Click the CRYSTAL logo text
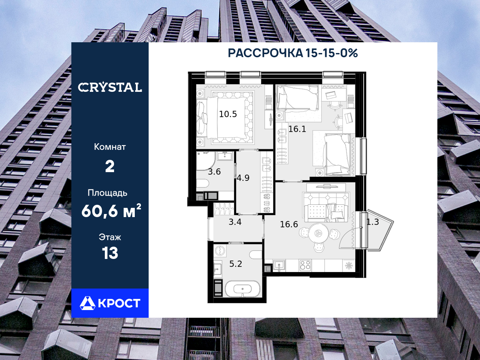[x=110, y=87]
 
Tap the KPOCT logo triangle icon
[x=88, y=303]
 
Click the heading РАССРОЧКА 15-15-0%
[x=293, y=53]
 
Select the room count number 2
[x=110, y=166]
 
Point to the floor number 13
[x=110, y=253]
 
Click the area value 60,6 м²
[x=111, y=211]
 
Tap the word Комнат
[x=110, y=147]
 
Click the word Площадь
[x=108, y=193]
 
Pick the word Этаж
[x=110, y=237]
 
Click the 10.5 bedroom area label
[x=228, y=114]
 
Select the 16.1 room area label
[x=297, y=129]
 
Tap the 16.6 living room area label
[x=289, y=224]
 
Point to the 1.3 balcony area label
[x=372, y=222]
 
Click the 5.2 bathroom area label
[x=235, y=264]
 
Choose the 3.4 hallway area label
[x=235, y=222]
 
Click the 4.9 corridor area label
[x=243, y=178]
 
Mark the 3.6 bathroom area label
[x=214, y=172]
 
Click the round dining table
[x=318, y=233]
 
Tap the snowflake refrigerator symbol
[x=349, y=265]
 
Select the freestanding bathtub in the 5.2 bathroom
[x=243, y=289]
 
